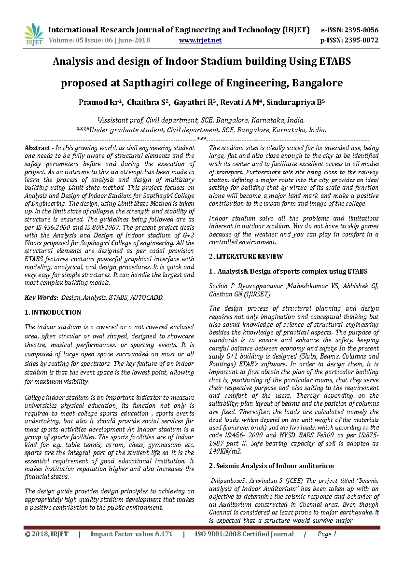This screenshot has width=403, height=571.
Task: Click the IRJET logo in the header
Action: pyautogui.click(x=34, y=34)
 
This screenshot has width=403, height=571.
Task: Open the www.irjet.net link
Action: pyautogui.click(x=200, y=41)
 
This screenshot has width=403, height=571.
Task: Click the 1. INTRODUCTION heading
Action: pyautogui.click(x=53, y=312)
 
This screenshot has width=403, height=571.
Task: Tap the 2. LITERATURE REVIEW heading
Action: pyautogui.click(x=246, y=257)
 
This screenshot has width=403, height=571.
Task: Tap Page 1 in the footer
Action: pyautogui.click(x=327, y=534)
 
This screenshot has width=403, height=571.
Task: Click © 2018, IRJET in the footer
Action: pyautogui.click(x=46, y=534)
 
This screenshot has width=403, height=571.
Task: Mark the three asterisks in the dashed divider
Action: pyautogui.click(x=201, y=139)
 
